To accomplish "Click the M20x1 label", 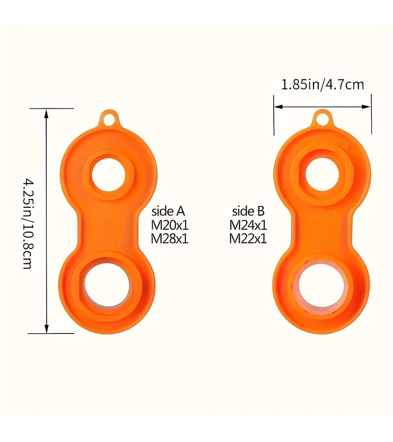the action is (x=169, y=225).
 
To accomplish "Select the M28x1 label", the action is (x=169, y=239).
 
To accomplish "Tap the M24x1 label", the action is (x=248, y=225).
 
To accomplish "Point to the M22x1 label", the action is (x=248, y=239).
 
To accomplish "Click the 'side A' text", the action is (x=168, y=211).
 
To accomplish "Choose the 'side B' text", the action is (x=249, y=211).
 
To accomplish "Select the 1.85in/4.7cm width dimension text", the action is (x=323, y=84).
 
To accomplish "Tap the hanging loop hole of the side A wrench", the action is (x=109, y=119).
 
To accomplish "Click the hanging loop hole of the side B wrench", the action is (x=322, y=119).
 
